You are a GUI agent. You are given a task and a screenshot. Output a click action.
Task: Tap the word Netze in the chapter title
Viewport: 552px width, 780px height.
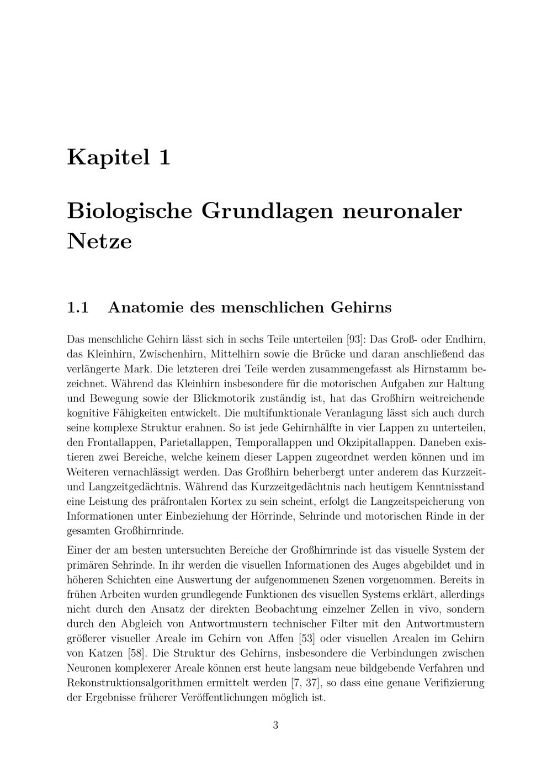[x=99, y=241]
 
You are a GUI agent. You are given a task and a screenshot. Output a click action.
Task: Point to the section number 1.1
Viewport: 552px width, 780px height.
[x=78, y=307]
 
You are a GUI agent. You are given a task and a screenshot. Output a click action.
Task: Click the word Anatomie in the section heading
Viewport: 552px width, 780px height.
[x=146, y=307]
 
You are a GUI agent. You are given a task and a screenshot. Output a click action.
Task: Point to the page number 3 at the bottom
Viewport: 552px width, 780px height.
[x=275, y=725]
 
